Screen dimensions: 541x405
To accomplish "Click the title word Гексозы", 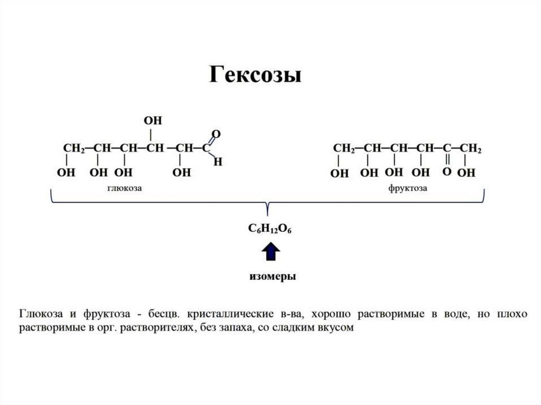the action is (255, 75).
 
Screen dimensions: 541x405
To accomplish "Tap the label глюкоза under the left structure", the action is (126, 187).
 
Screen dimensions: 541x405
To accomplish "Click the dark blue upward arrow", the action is (271, 252).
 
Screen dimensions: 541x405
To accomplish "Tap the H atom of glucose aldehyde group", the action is (217, 162).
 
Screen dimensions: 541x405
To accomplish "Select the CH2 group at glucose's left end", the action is (74, 148).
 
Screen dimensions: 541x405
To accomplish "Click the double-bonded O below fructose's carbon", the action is (446, 172).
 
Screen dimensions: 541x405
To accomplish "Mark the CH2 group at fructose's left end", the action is (343, 148).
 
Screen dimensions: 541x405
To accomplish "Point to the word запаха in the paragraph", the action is (236, 327).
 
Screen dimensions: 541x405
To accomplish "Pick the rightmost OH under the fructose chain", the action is (466, 173).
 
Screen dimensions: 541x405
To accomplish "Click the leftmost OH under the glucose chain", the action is (67, 173).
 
